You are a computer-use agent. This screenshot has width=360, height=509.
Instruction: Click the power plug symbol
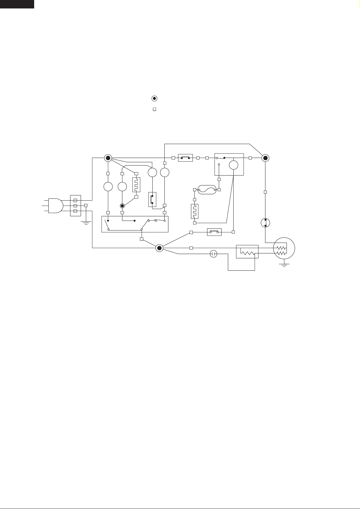pos(55,205)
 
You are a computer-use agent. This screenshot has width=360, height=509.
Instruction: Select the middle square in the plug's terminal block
pos(75,205)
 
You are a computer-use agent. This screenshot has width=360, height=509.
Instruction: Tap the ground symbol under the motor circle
pos(284,266)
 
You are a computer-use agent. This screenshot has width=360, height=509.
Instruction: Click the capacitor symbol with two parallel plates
pos(214,254)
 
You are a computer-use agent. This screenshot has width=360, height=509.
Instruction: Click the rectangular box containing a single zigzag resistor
pos(247,252)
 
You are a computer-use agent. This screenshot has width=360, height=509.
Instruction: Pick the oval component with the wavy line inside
pos(207,190)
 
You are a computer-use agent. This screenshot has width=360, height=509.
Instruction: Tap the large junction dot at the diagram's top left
pos(108,158)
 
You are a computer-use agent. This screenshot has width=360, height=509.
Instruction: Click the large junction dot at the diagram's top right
pos(265,158)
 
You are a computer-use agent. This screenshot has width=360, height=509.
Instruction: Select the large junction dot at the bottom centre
pos(159,248)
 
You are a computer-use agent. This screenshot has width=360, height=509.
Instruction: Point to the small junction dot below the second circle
pos(122,206)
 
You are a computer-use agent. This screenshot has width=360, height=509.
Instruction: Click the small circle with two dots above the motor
pos(265,223)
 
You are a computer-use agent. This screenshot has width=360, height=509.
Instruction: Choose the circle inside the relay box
pos(233,165)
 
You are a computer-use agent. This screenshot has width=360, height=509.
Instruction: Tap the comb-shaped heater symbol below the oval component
pos(194,211)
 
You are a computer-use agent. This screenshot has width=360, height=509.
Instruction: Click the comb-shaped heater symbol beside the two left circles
pos(136,185)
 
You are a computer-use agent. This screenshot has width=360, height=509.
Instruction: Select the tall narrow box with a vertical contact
pos(152,199)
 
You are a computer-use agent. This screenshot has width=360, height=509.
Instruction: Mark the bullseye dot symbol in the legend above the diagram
pos(154,98)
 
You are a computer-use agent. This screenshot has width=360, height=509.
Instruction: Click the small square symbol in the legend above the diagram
pos(154,109)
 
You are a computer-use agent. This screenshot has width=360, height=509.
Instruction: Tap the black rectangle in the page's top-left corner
pos(17,4)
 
